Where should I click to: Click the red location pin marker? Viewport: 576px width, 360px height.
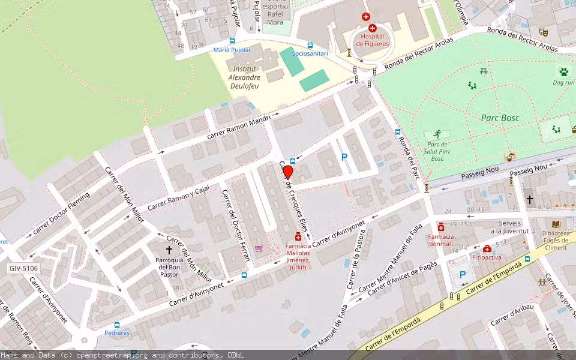coord(288,173)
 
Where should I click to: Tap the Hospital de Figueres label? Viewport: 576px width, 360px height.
coord(372,40)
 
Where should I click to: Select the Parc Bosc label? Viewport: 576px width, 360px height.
coord(500,118)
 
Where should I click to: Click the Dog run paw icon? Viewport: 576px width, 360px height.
coord(563,72)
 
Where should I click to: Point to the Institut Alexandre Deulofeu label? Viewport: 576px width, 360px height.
coord(245,77)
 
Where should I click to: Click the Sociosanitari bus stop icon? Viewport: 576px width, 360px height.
coord(310,46)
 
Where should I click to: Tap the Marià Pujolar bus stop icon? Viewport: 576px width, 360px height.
coord(232,41)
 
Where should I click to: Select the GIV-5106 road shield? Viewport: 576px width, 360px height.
coord(23,268)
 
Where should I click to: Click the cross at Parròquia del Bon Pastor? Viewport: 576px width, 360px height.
coord(169,249)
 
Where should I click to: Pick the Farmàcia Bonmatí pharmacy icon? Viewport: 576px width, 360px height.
coord(441,227)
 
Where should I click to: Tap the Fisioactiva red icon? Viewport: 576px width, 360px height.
coord(487,248)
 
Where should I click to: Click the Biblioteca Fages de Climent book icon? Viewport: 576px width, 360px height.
coord(556,223)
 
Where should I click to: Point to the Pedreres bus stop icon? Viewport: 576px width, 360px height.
coord(117,325)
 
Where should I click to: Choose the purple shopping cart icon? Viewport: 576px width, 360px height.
coord(259,248)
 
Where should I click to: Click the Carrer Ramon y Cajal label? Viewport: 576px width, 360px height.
coord(179,196)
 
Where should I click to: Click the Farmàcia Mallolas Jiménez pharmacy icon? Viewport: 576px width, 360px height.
coord(298,236)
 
